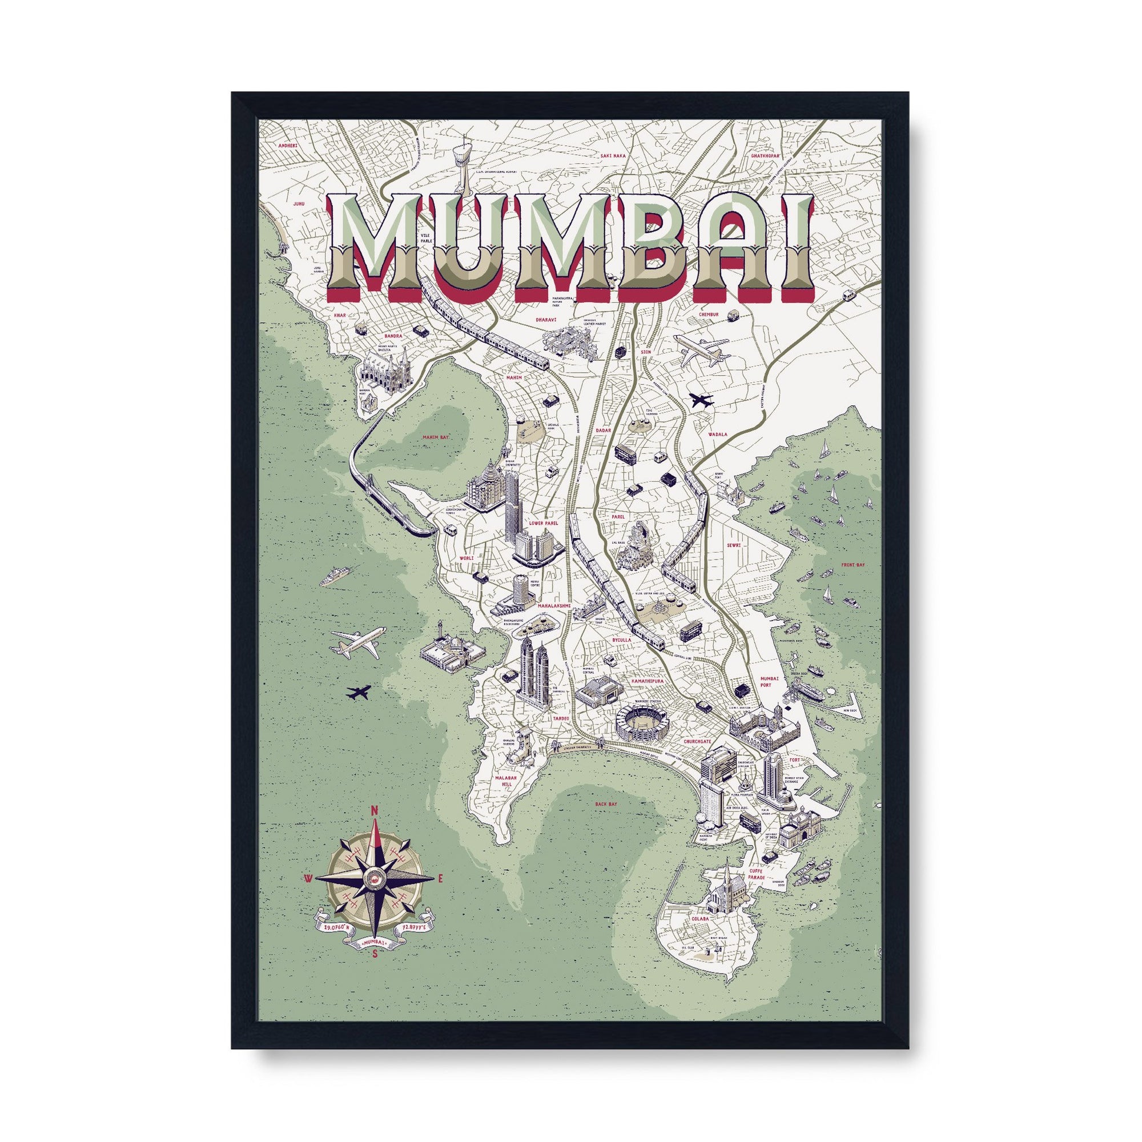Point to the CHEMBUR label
[x=707, y=315]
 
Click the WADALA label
[x=717, y=434]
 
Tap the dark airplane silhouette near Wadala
[x=701, y=400]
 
